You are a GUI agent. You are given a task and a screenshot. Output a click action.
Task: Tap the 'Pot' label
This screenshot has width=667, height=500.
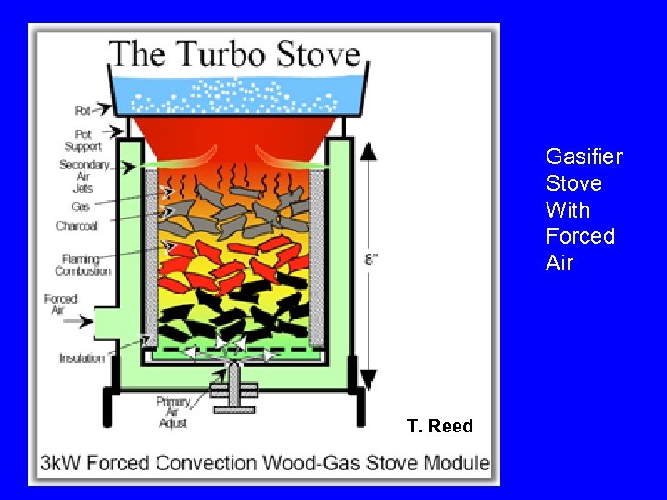(83, 110)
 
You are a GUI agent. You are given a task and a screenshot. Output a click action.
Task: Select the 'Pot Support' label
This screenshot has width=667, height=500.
(83, 140)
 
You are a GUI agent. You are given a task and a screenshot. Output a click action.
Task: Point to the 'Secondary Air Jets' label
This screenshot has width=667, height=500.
(84, 176)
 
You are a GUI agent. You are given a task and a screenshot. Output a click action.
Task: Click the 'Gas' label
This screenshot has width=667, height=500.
(81, 206)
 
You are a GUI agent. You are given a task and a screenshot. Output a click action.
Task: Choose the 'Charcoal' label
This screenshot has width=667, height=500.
(77, 226)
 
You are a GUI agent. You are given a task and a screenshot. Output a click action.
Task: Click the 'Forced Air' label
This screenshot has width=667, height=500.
(61, 305)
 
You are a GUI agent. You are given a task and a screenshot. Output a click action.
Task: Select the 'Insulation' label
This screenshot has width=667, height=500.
(82, 358)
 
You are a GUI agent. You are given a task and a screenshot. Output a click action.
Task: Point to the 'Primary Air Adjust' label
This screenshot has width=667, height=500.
(173, 412)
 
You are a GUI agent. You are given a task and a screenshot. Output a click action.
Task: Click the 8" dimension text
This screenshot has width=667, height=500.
(371, 260)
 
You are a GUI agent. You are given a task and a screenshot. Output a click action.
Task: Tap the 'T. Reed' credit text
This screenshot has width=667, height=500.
(439, 426)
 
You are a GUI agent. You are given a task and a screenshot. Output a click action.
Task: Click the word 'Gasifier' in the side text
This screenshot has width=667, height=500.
(584, 156)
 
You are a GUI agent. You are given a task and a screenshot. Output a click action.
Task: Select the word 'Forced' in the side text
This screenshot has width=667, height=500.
(580, 236)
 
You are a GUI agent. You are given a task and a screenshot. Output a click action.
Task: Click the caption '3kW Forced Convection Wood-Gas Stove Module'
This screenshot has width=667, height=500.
(264, 462)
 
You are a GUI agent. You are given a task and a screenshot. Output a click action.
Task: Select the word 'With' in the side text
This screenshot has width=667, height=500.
(568, 210)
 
